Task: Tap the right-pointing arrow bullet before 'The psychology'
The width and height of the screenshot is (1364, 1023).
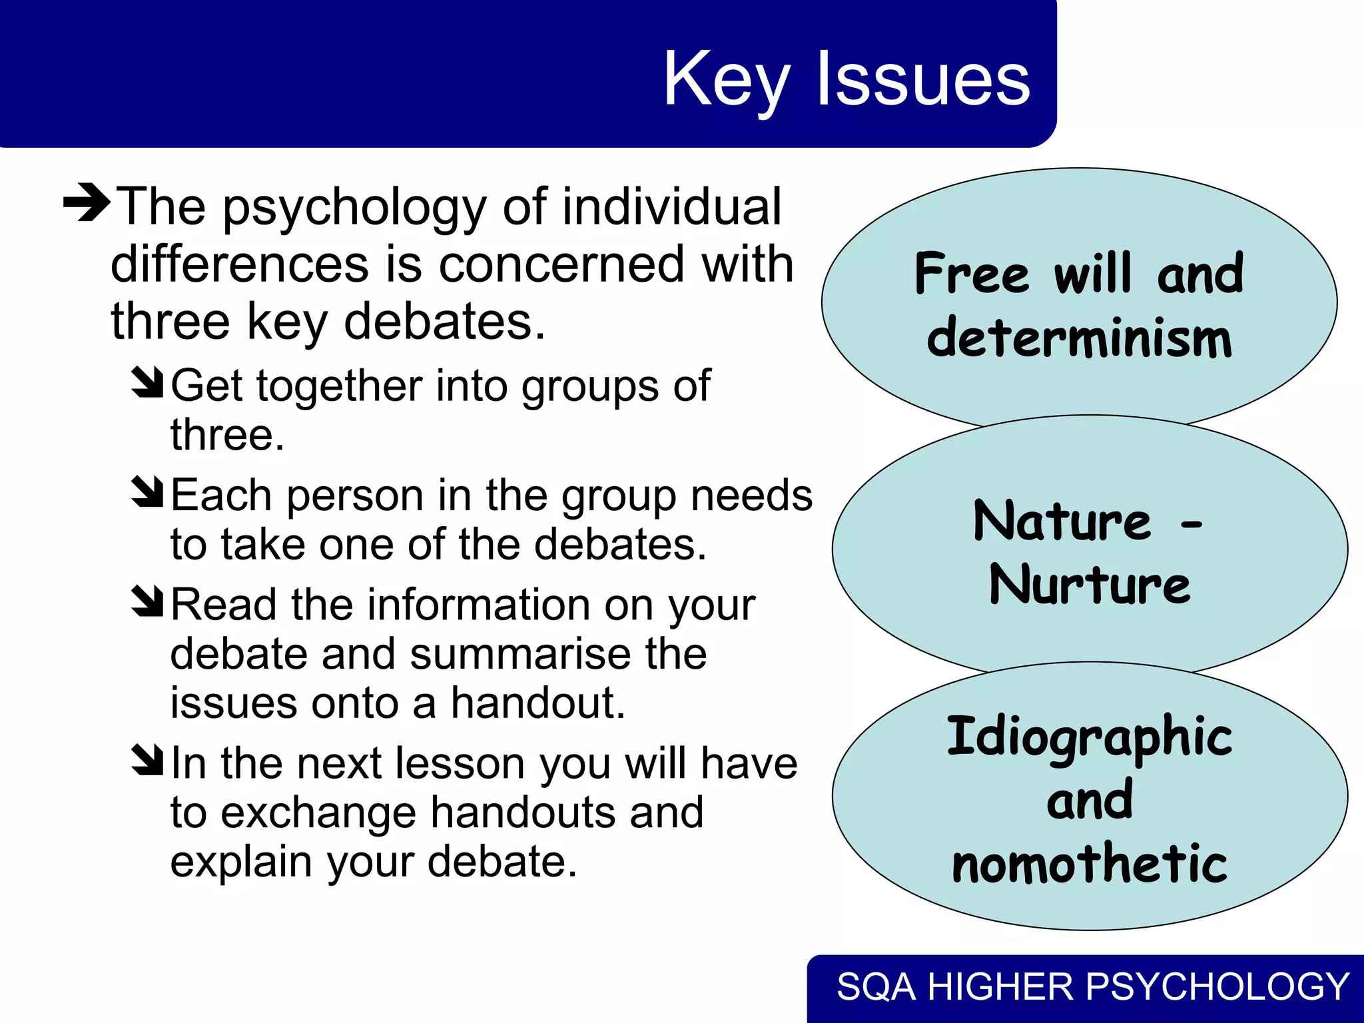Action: [87, 202]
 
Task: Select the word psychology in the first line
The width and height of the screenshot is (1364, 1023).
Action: [354, 208]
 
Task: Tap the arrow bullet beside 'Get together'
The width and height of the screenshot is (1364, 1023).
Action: [147, 382]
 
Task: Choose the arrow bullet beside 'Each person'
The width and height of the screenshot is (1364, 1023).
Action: [147, 492]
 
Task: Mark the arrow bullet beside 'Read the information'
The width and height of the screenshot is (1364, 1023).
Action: [147, 601]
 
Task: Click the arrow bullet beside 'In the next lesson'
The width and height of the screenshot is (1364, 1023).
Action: [147, 760]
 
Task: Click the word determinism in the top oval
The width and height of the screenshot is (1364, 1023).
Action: [1079, 338]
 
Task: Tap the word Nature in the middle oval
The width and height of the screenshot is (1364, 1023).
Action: [1062, 521]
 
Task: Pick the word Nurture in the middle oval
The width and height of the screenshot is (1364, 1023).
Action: [1090, 585]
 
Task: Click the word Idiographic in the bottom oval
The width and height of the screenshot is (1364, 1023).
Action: [1090, 738]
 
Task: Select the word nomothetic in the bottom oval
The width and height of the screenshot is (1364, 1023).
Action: [1090, 863]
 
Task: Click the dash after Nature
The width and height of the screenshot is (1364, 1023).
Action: [1192, 524]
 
